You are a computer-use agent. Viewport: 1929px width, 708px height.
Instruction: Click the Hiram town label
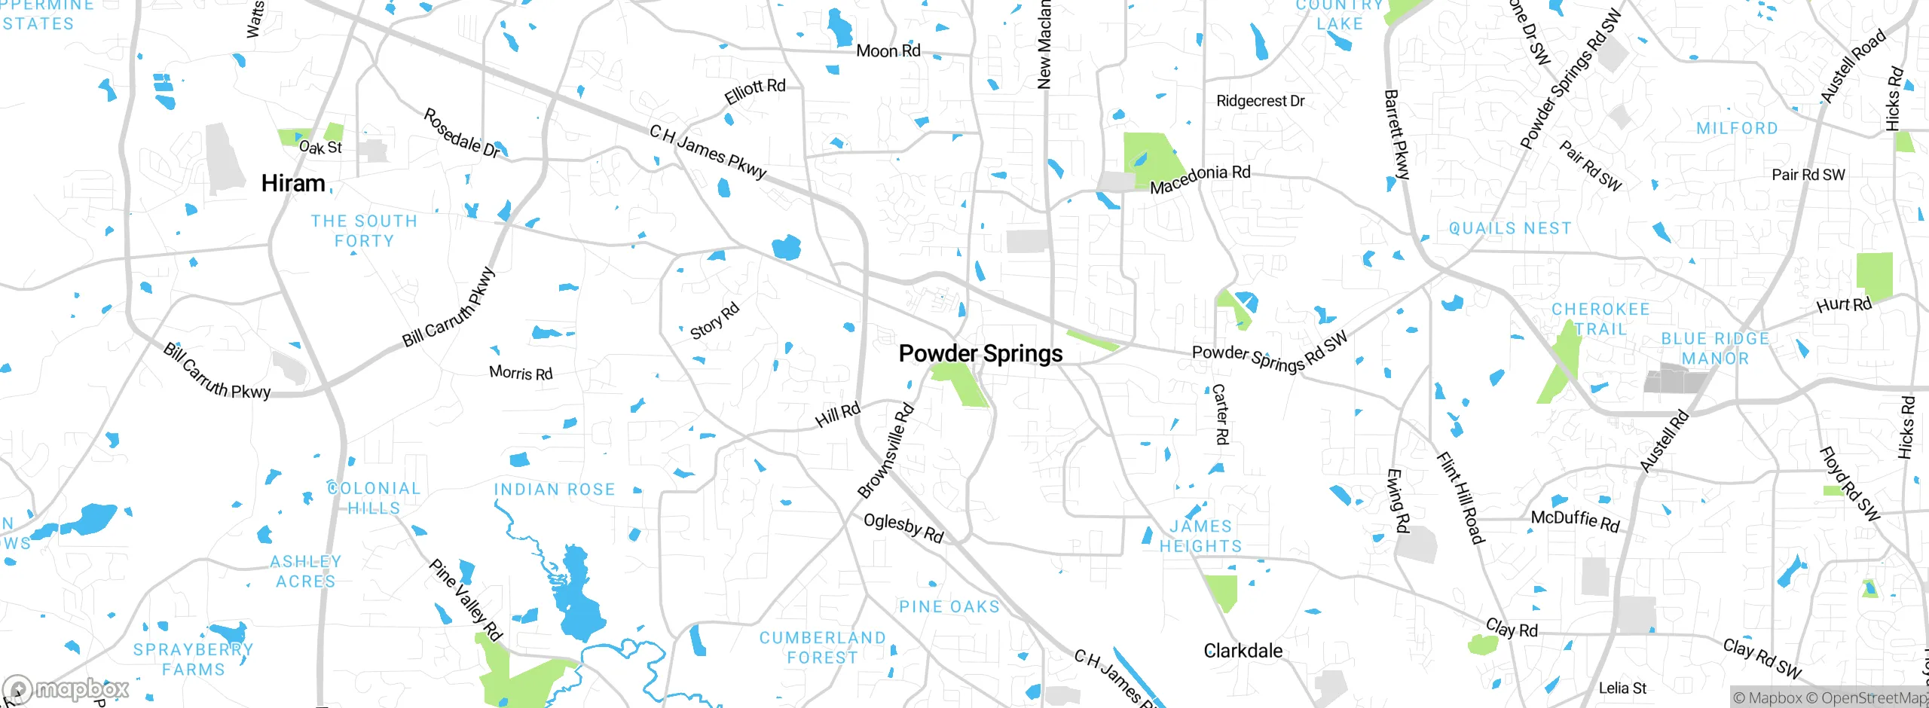click(x=293, y=183)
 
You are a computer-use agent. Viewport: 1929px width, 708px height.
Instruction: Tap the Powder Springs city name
click(x=980, y=353)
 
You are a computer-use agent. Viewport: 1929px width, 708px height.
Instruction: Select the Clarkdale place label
click(x=1243, y=651)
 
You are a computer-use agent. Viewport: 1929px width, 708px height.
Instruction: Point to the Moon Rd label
click(x=888, y=51)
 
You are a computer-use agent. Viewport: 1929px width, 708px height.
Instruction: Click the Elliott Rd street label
click(x=755, y=91)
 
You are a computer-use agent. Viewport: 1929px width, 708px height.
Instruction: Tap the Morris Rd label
click(x=521, y=373)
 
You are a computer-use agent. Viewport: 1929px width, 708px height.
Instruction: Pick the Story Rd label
click(x=714, y=321)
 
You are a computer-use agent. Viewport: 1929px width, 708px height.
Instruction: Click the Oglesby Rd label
click(x=903, y=527)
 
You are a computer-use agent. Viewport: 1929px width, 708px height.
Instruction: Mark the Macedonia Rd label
click(x=1200, y=179)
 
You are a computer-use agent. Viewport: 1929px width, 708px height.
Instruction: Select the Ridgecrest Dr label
click(x=1260, y=101)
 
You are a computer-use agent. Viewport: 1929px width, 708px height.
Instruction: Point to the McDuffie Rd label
click(x=1575, y=520)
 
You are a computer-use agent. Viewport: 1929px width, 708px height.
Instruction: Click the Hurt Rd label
click(x=1844, y=305)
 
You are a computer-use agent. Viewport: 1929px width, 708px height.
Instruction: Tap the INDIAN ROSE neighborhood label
click(x=555, y=490)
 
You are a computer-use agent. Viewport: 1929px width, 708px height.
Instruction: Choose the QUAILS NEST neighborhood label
click(x=1510, y=228)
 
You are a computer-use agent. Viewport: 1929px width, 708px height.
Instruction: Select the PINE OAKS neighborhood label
click(x=949, y=607)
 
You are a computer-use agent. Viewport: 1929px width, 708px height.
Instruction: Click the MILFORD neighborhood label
click(x=1737, y=129)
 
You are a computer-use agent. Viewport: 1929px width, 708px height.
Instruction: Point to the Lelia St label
click(x=1622, y=688)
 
